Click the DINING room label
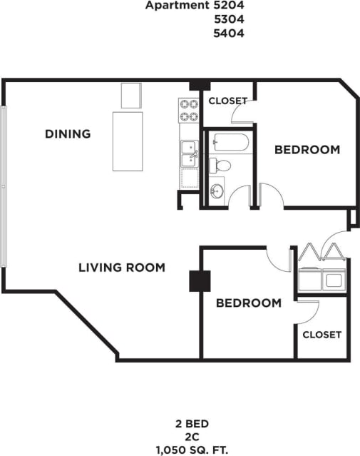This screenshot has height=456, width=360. coord(68,133)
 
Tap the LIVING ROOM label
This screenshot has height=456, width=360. coord(122,268)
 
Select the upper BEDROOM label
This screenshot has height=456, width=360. coord(307,150)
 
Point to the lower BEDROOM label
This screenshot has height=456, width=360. coord(249,303)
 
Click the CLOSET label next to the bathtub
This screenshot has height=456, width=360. coord(227,101)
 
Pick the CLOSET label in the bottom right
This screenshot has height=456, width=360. coord(322,334)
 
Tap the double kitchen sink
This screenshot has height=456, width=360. coord(189,152)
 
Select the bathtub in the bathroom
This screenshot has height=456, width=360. coord(227,141)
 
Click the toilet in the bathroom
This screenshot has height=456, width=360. coord(222,166)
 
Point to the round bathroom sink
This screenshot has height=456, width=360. coord(217,191)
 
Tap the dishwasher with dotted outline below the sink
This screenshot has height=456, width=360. coord(190,178)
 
